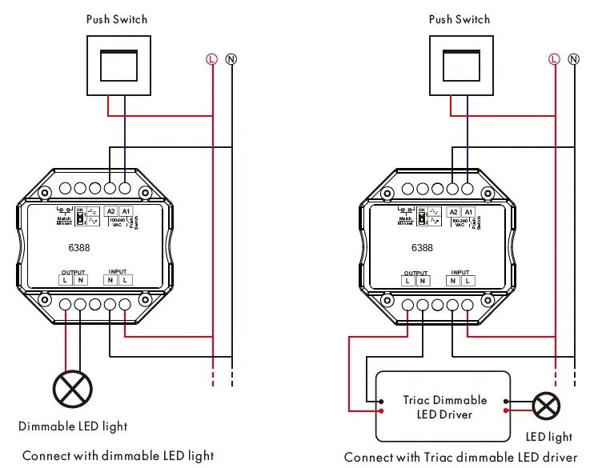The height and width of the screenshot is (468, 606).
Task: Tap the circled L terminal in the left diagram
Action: click(211, 59)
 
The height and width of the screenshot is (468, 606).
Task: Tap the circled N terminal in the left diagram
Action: click(231, 59)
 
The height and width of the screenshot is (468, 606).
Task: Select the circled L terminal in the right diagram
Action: click(553, 59)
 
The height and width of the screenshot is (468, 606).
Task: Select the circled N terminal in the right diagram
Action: click(573, 59)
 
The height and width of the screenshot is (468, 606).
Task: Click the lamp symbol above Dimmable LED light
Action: click(73, 390)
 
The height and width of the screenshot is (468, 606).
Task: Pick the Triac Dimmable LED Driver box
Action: click(443, 406)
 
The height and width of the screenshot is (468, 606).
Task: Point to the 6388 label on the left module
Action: click(78, 248)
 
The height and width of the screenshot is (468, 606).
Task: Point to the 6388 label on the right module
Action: click(422, 248)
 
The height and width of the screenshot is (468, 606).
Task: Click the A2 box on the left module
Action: click(111, 211)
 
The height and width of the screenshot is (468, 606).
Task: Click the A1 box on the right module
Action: click(468, 211)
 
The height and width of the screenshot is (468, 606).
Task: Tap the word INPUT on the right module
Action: click(460, 272)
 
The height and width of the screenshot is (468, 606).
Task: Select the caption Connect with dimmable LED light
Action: click(118, 455)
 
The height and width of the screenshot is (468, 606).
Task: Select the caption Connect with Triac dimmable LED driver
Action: click(460, 457)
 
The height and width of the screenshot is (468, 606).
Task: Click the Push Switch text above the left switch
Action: click(117, 19)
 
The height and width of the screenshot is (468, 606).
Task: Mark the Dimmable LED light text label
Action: click(73, 426)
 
